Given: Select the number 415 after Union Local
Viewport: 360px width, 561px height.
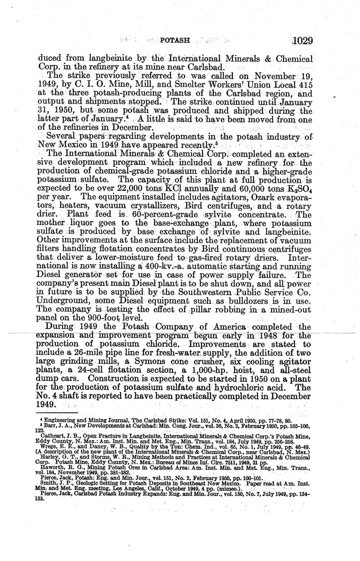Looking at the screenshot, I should [304, 85].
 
